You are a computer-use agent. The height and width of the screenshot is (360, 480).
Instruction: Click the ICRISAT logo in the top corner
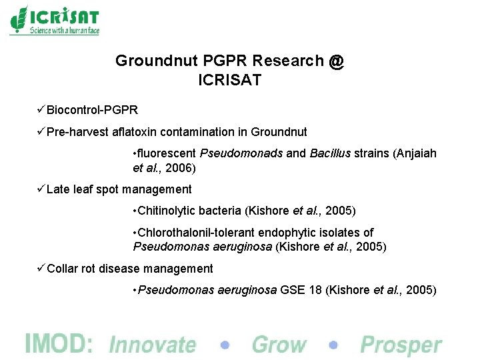coord(55,20)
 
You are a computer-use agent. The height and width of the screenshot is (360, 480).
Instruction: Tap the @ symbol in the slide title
coord(336,61)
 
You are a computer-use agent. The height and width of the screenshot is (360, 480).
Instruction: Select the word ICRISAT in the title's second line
coord(230,81)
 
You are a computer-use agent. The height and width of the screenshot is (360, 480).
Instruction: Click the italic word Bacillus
coord(330,153)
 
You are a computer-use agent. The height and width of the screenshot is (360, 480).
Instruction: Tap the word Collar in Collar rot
coord(63,269)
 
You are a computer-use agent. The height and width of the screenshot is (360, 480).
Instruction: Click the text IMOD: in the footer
coord(59,343)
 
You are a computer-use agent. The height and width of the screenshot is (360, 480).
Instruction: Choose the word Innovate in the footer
coord(153,345)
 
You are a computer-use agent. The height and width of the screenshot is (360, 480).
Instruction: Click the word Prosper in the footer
coord(401,345)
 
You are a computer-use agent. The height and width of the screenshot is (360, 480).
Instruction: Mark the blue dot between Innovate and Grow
coord(225,345)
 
